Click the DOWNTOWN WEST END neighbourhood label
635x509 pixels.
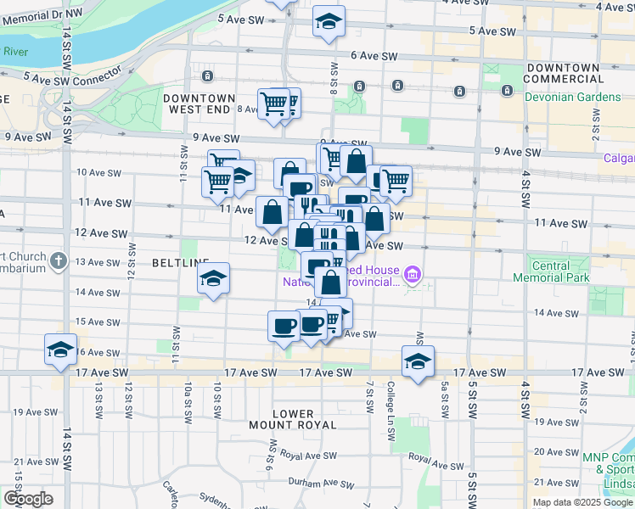(199, 104)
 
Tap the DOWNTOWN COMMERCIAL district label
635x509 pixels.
(569, 73)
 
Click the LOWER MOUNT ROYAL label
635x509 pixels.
(294, 419)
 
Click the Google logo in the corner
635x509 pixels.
(28, 499)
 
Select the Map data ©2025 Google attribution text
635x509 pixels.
(582, 502)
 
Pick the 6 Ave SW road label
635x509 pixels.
(374, 56)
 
